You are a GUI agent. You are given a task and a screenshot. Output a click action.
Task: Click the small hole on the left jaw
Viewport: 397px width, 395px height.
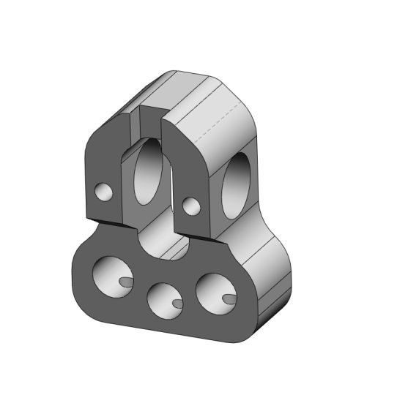coord(105,192)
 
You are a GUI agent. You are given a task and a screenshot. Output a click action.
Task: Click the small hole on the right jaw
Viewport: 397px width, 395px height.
coord(192,206)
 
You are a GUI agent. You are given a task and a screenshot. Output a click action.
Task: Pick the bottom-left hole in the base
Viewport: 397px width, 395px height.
coord(110,276)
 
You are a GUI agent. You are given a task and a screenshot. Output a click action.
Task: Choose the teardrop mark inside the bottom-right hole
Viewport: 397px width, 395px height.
coord(228,297)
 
